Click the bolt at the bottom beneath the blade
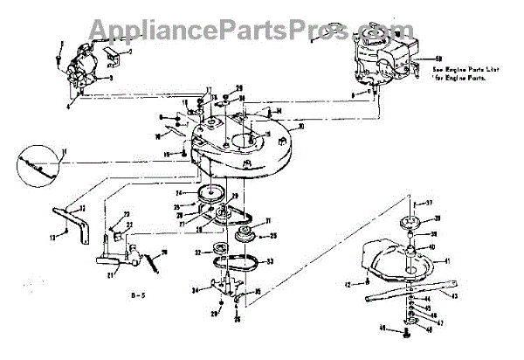409,328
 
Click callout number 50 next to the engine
438,59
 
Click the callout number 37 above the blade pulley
441,202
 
